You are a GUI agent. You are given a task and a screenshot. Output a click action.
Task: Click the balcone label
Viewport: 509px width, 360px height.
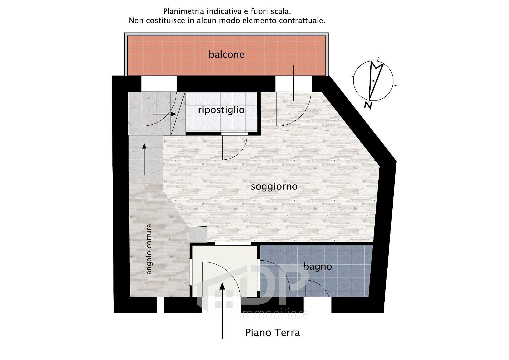point(226,54)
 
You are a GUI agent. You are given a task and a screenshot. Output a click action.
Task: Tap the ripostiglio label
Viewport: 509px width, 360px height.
point(221,110)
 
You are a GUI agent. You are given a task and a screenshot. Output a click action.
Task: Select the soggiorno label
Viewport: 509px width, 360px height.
point(274,186)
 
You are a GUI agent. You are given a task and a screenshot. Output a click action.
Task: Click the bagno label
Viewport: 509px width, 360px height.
point(318,266)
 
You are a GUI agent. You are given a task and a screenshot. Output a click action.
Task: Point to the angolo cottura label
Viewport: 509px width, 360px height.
point(149,249)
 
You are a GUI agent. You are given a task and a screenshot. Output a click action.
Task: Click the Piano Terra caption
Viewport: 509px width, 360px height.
point(272,332)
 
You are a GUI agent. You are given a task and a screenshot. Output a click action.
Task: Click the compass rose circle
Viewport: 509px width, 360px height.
point(373,81)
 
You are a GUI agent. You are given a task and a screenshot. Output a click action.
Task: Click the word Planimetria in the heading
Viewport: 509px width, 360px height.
point(184,12)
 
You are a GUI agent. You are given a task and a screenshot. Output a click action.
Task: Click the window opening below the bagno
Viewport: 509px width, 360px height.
point(317,305)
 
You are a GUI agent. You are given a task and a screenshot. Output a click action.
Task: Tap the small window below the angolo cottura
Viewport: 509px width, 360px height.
point(160,305)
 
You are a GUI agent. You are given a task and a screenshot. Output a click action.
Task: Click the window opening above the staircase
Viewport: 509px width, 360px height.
point(159,84)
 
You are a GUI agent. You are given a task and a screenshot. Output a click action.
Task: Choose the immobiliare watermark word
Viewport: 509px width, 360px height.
point(274,314)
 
